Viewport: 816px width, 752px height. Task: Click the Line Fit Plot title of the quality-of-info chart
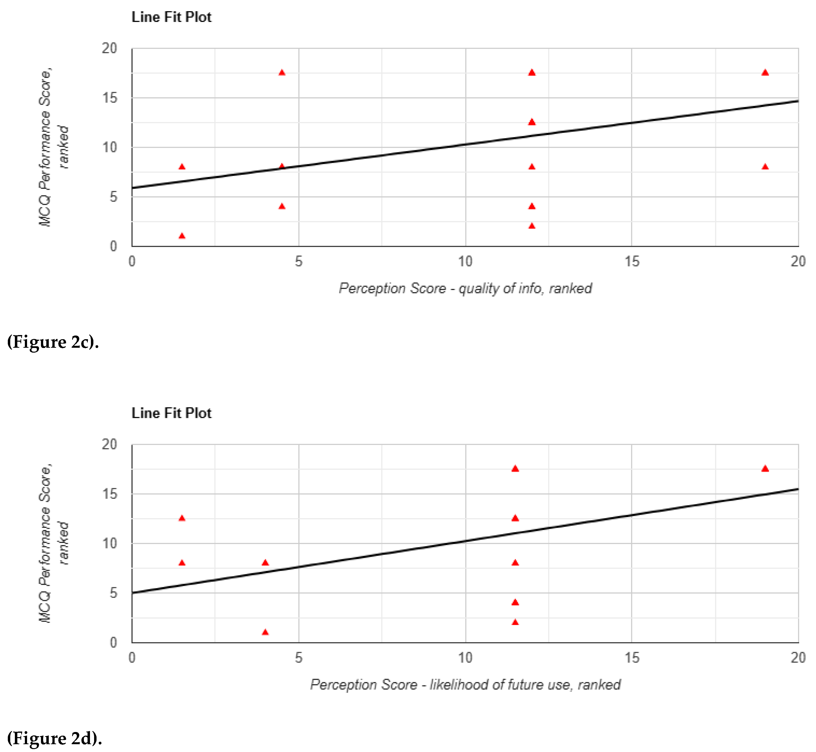click(x=171, y=17)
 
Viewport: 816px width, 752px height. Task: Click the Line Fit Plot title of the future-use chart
click(x=171, y=413)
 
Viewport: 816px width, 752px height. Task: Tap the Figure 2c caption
click(x=53, y=342)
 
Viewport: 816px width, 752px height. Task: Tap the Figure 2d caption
click(x=54, y=738)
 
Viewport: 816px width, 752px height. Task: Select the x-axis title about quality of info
click(x=465, y=289)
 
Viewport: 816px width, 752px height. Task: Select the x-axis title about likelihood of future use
click(x=465, y=685)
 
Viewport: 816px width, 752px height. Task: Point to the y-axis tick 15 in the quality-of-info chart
click(x=109, y=98)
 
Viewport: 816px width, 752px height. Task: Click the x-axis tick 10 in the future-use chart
click(x=465, y=658)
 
